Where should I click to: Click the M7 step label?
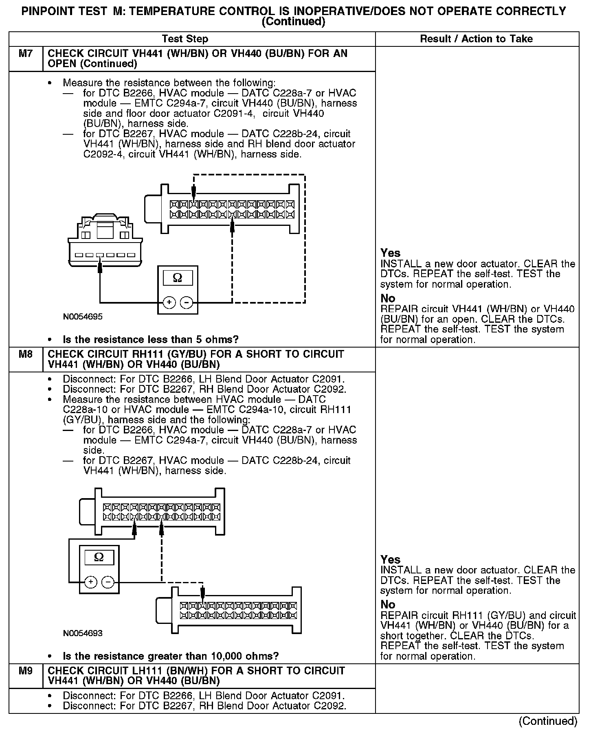tap(25, 54)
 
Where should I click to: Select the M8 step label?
tap(25, 354)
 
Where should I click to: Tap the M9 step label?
tap(25, 671)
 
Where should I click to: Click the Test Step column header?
tap(185, 39)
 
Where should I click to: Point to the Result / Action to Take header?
tap(476, 39)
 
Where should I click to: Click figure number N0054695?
tap(83, 317)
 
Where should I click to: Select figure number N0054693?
tap(83, 633)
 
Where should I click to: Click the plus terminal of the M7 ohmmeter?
tap(169, 302)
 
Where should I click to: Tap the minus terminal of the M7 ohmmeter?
tap(187, 302)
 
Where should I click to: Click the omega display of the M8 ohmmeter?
tap(99, 557)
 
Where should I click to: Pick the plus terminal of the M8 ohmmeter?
tap(90, 582)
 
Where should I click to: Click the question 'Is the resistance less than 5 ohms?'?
tap(150, 339)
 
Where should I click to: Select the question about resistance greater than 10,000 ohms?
tap(171, 656)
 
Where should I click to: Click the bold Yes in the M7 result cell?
tap(390, 253)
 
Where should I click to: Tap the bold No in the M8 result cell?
tap(388, 604)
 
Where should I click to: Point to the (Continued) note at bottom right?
tap(548, 721)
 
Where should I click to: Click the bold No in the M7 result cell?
tap(388, 298)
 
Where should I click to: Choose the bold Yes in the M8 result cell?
tap(390, 559)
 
